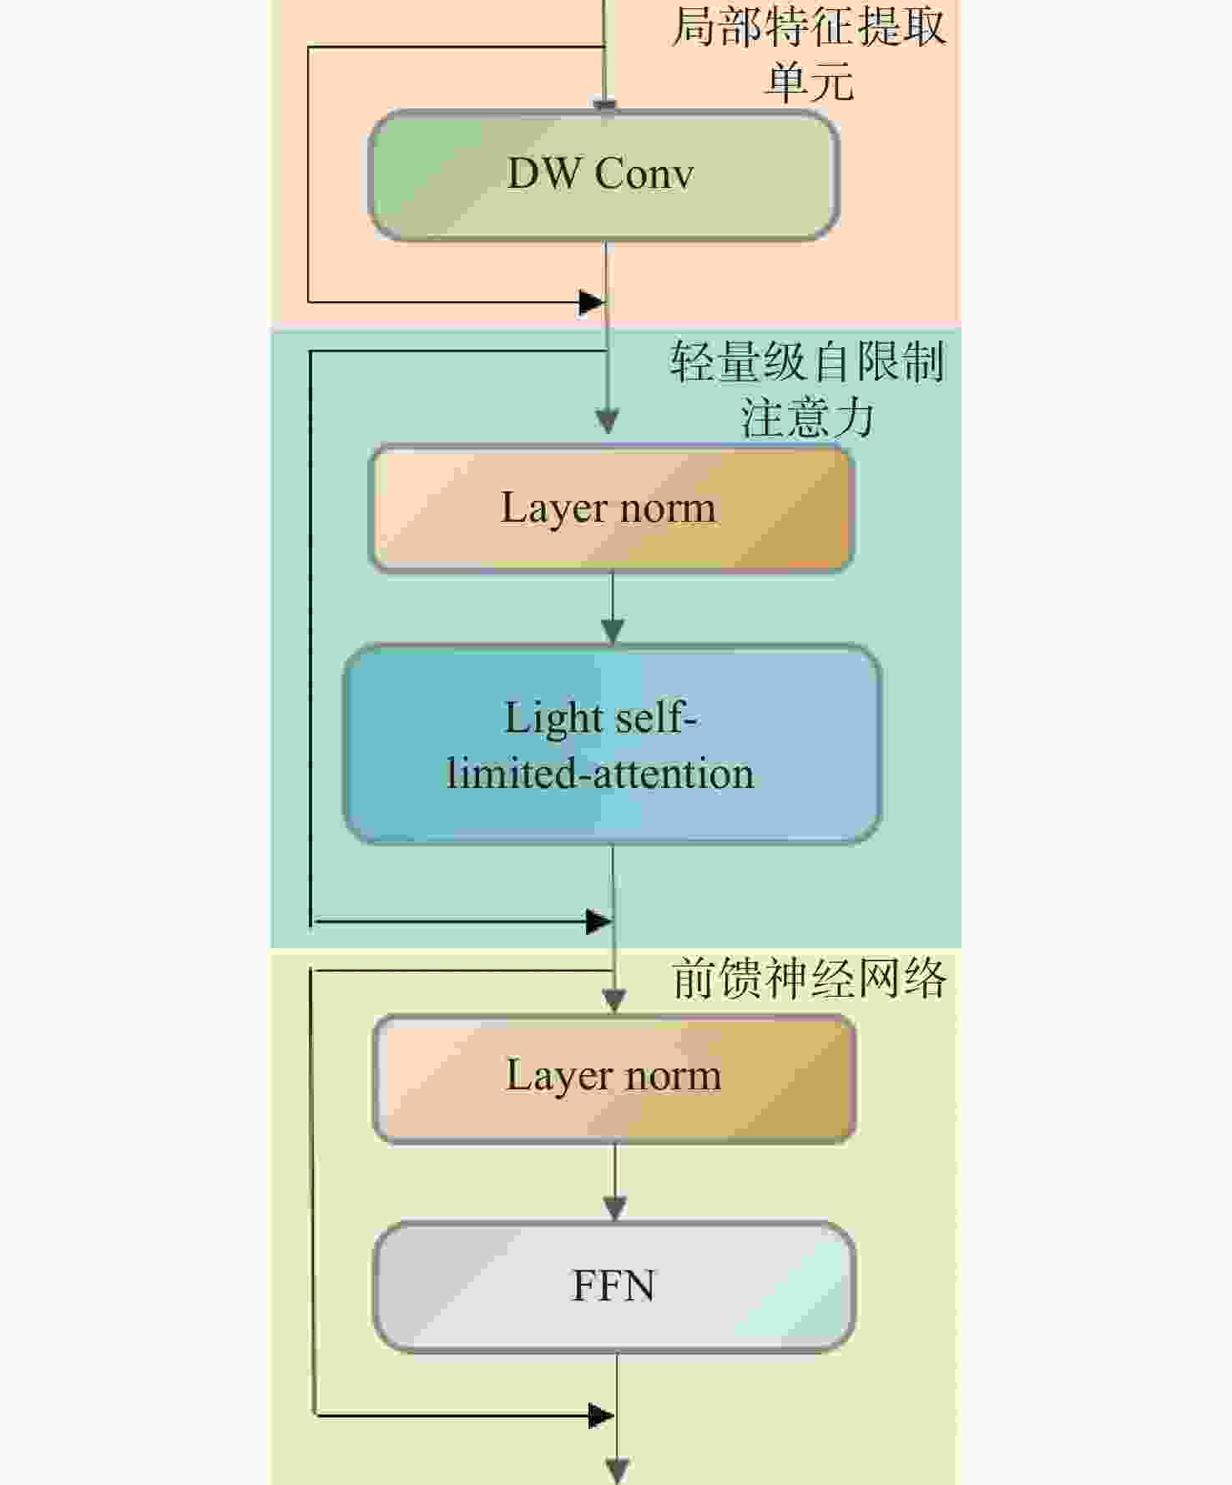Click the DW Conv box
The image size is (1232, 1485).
pos(603,175)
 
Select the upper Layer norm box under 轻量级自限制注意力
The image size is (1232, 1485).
pos(611,508)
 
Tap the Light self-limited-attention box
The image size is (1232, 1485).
pos(613,744)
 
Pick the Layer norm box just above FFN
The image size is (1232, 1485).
pos(614,1078)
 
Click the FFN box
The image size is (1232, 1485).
pos(614,1286)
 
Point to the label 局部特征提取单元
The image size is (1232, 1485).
pos(809,53)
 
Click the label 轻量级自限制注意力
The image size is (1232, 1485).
pos(807,389)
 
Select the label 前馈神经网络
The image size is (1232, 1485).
pos(809,978)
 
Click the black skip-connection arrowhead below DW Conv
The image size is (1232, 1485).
pos(592,302)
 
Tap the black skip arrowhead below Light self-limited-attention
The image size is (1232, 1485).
pos(599,922)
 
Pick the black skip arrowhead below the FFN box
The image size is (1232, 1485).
pos(602,1415)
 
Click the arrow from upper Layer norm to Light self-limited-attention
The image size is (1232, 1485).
pos(613,609)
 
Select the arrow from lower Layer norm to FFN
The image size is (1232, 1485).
pos(615,1182)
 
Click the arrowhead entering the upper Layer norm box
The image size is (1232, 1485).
pos(608,422)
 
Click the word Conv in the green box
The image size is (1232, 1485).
pos(644,174)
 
